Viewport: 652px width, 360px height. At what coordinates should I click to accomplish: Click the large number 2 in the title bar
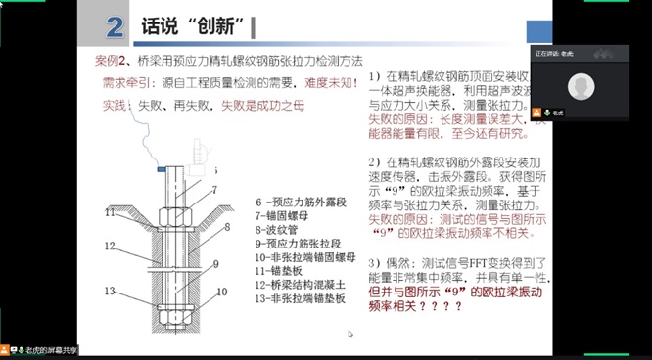pyautogui.click(x=116, y=26)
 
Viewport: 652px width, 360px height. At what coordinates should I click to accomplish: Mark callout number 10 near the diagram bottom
pyautogui.click(x=221, y=291)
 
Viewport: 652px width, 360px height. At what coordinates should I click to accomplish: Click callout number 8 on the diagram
pyautogui.click(x=229, y=226)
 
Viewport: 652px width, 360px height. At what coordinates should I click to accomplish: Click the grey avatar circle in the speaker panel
pyautogui.click(x=582, y=87)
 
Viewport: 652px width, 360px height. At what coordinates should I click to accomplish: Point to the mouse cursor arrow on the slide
pyautogui.click(x=349, y=334)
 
